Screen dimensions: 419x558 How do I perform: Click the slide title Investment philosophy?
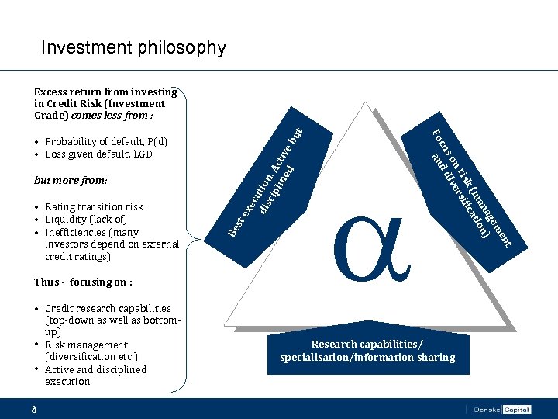point(133,48)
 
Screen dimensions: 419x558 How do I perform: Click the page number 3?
point(34,409)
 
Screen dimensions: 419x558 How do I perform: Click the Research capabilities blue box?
point(367,351)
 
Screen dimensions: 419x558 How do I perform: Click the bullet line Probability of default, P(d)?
point(106,142)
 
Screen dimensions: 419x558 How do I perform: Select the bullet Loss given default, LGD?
point(98,154)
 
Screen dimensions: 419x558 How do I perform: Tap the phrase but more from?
point(71,180)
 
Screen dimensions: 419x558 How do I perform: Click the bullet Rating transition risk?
point(94,206)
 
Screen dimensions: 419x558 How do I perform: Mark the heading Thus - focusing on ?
point(83,282)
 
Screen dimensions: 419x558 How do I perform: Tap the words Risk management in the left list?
point(86,345)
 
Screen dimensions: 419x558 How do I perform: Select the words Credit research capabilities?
point(108,308)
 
